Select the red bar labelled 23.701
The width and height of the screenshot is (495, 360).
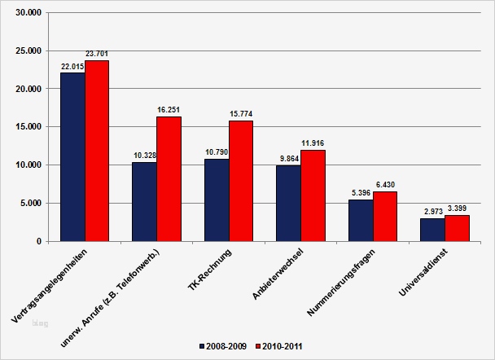[97, 151]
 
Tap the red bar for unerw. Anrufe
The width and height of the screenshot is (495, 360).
[169, 179]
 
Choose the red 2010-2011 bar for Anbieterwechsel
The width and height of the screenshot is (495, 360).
[313, 195]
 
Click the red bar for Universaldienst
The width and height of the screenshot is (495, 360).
[457, 228]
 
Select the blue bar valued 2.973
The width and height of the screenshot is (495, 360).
[432, 230]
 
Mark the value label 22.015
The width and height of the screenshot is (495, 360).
[72, 66]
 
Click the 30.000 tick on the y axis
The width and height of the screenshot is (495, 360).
[30, 12]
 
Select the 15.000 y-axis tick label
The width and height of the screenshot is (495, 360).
[30, 127]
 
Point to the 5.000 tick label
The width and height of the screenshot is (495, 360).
[33, 204]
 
